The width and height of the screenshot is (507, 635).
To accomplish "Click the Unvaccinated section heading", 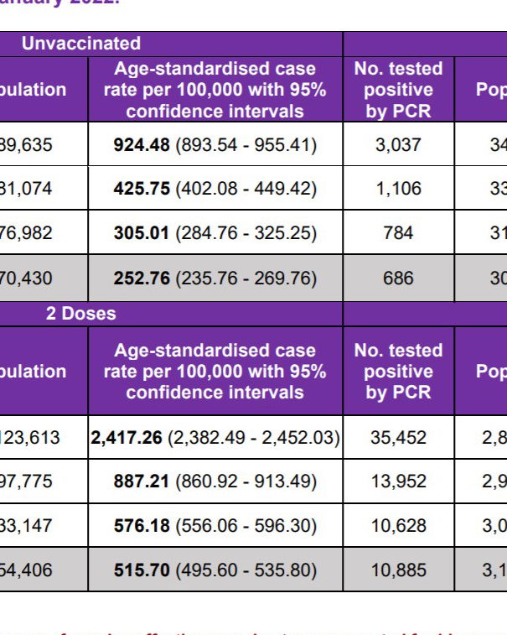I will click(81, 44).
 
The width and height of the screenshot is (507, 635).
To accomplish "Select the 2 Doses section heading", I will click(81, 314).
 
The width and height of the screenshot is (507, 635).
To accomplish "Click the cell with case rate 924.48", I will click(215, 144).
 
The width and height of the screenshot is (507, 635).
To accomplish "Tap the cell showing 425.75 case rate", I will click(215, 189).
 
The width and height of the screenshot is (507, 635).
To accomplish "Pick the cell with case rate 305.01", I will click(215, 232).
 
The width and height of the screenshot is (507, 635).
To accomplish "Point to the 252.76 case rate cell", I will click(215, 278).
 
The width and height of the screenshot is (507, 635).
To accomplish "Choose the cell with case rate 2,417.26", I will click(215, 437).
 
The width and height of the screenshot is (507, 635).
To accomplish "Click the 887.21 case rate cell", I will click(215, 481).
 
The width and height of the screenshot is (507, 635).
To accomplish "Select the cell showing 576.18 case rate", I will click(215, 526).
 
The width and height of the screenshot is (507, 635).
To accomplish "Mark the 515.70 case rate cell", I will click(215, 570).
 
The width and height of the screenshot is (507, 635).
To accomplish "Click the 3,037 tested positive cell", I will click(398, 144).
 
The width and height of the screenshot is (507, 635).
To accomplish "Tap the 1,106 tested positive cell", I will click(398, 189).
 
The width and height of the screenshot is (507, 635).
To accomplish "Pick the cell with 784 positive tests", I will click(398, 232).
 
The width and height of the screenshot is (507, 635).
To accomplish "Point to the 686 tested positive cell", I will click(398, 278).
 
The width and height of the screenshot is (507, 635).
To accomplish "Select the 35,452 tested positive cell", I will click(398, 437).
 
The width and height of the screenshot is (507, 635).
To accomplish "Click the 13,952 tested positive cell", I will click(398, 481).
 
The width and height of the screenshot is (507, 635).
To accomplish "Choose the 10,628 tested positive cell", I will click(398, 526).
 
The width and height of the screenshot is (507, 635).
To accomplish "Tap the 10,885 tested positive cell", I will click(398, 570).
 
